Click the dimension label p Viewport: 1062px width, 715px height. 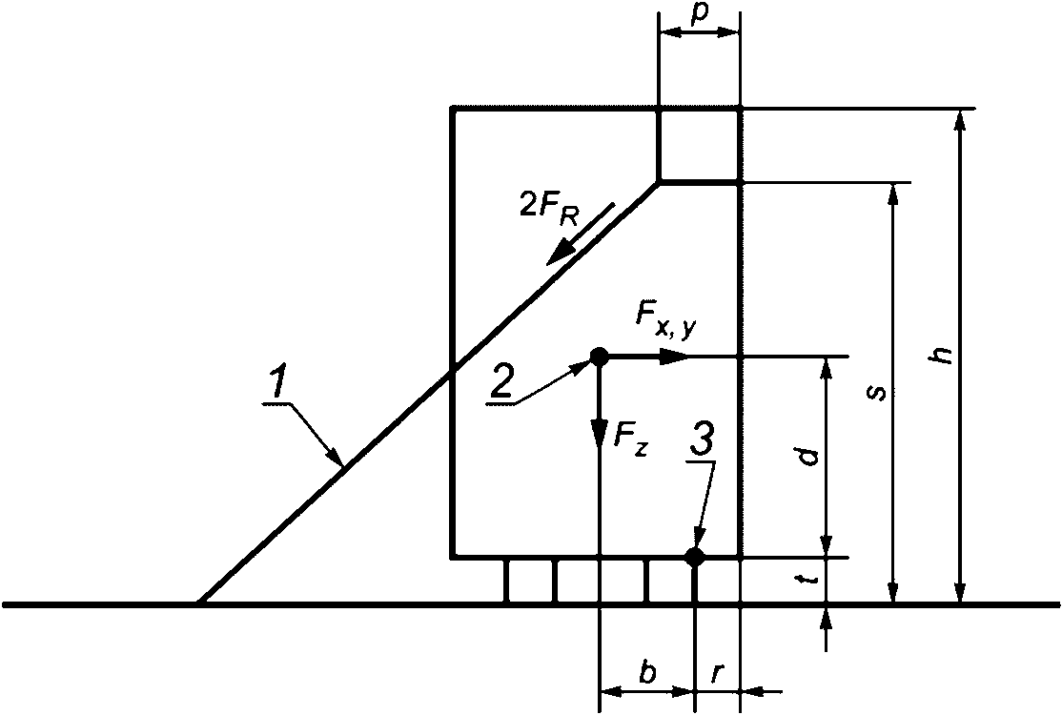[x=699, y=18]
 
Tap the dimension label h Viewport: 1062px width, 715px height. [x=943, y=355]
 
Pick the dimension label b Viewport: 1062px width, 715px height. [x=647, y=674]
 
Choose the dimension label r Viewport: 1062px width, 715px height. [x=717, y=674]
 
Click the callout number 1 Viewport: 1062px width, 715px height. [x=276, y=383]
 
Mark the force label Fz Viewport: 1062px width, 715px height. [x=630, y=440]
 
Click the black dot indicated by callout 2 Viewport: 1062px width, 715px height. [x=599, y=357]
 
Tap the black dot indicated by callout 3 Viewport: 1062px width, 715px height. [x=695, y=557]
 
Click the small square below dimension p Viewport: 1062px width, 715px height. [x=699, y=145]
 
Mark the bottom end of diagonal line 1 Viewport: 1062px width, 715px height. [x=198, y=603]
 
